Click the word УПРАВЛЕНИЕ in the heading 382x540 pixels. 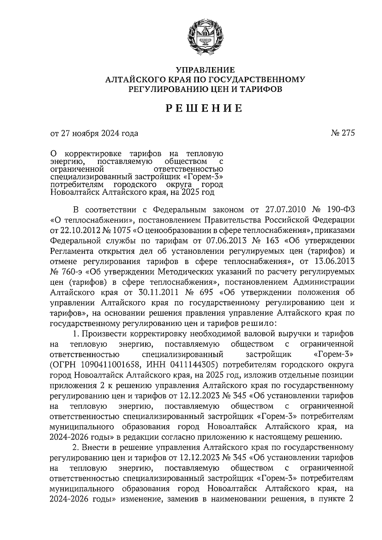click(x=206, y=70)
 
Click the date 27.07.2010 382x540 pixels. click(x=285, y=210)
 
